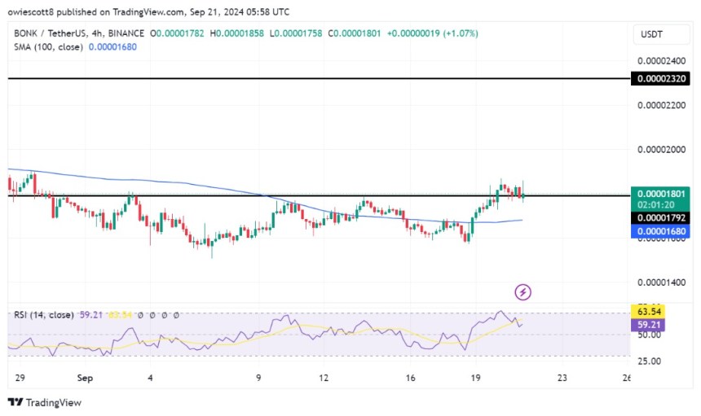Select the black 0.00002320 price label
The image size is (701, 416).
665,79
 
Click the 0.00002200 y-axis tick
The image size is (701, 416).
665,106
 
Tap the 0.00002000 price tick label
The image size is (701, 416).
665,150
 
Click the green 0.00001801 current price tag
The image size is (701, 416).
665,194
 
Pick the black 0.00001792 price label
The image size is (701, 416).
665,217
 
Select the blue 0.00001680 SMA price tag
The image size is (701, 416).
665,231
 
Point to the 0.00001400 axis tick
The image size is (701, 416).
665,282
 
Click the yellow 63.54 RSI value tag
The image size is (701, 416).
650,311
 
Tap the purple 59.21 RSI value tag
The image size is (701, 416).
650,324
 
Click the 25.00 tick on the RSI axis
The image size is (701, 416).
650,361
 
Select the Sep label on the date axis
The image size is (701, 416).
83,379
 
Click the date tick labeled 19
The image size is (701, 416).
477,379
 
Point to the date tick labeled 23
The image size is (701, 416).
562,379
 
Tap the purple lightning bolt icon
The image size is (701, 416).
523,291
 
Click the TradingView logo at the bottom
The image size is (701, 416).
45,402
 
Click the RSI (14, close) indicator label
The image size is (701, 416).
42,314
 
